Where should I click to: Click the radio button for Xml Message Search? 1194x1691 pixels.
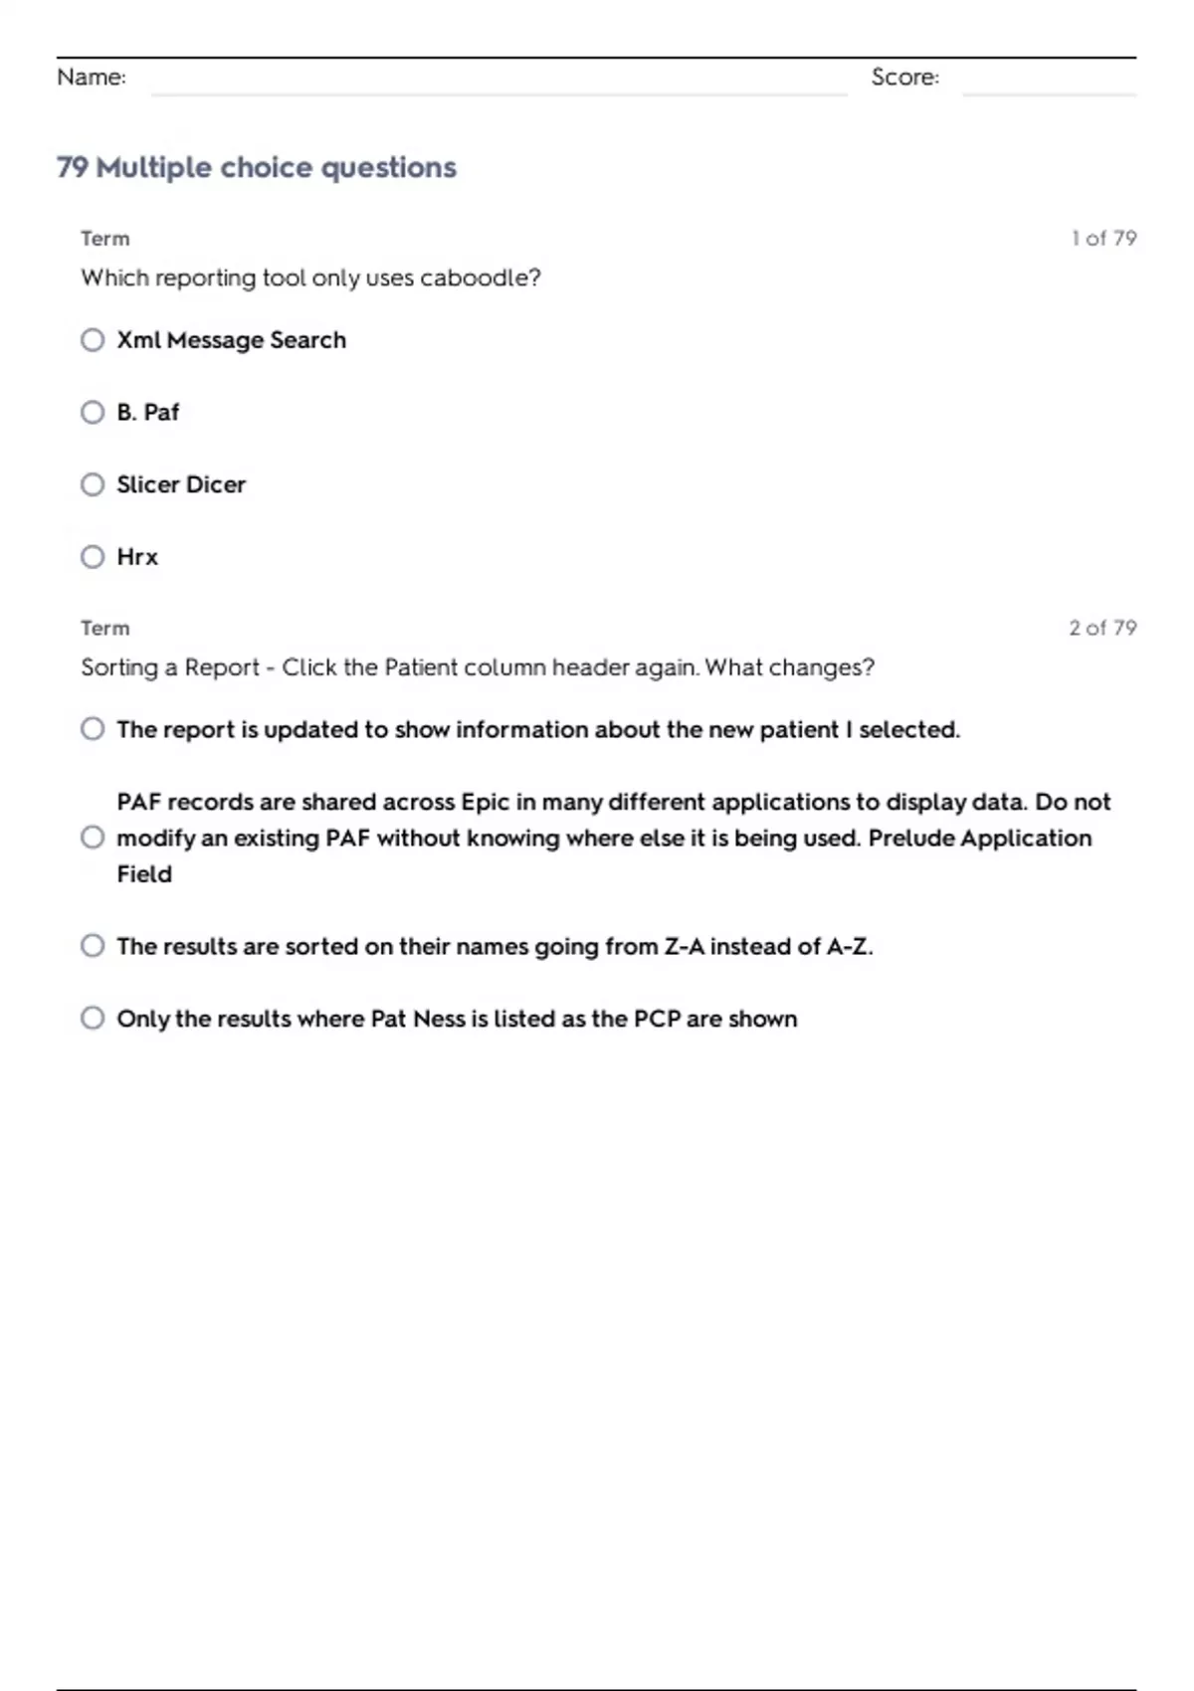[93, 340]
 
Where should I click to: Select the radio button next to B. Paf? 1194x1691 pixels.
[93, 412]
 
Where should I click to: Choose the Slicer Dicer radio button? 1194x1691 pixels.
[93, 484]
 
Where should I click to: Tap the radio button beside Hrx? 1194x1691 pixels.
[93, 557]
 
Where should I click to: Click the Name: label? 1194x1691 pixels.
[92, 78]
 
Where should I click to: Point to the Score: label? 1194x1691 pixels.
[904, 78]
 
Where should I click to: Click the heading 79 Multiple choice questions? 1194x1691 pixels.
[257, 167]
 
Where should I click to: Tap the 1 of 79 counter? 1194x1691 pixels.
[1103, 239]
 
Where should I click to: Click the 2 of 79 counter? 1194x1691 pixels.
[1102, 629]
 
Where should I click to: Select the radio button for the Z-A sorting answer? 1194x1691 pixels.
[93, 946]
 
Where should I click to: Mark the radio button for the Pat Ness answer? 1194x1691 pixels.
[93, 1019]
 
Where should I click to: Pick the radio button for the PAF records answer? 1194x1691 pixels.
[93, 838]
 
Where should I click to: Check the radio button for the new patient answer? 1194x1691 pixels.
[93, 729]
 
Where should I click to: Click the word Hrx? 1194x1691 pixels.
[137, 557]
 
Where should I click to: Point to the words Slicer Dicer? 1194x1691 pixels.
[181, 484]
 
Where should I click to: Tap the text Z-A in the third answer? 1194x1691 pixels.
[684, 946]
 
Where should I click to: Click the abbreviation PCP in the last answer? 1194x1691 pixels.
[657, 1019]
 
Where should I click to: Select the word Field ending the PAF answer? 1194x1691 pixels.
[144, 874]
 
